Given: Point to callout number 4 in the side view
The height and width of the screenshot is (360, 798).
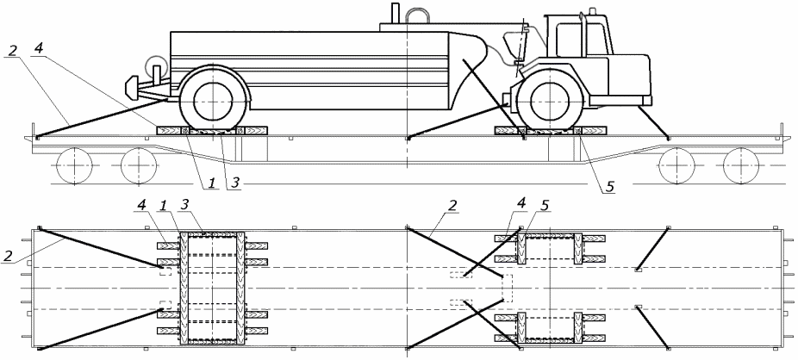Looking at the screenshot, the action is click(x=38, y=50).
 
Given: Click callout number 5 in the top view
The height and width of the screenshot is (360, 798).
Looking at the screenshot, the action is click(x=545, y=207).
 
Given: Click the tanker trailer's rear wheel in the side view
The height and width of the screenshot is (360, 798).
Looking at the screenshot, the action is click(x=214, y=100).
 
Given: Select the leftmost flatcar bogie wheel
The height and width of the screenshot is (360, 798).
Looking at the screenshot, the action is click(x=74, y=165).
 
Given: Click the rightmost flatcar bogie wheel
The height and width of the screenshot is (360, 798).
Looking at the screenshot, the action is click(x=741, y=165).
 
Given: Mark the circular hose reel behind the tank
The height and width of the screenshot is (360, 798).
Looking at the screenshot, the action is click(x=156, y=65).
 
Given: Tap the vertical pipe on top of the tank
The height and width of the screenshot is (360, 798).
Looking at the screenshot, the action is click(x=395, y=13).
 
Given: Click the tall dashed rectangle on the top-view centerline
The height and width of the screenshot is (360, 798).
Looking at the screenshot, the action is click(x=507, y=288).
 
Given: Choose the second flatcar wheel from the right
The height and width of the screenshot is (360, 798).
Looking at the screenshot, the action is click(x=676, y=165).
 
